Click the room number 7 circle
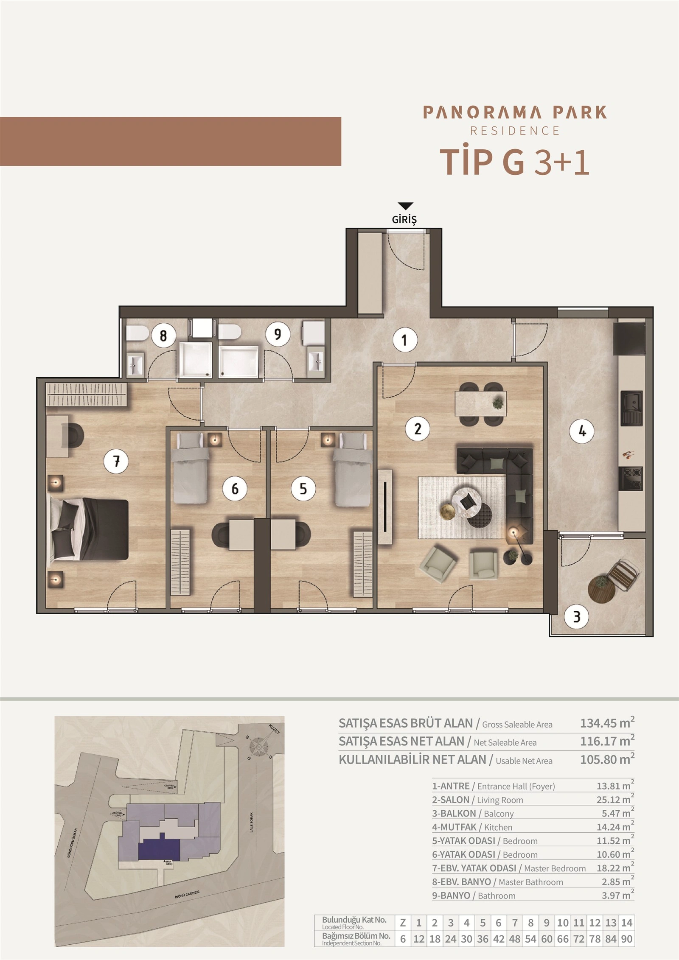[x=117, y=461]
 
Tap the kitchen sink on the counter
[x=631, y=408]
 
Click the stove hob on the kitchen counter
[x=630, y=478]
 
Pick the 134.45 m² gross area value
[x=606, y=723]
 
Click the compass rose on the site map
[x=258, y=745]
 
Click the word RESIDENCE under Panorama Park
[x=515, y=131]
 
